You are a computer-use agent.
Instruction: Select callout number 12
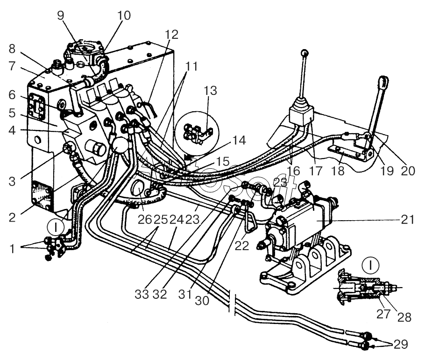[171, 34]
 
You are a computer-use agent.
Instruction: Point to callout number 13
[210, 90]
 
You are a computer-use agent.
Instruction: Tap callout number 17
[316, 171]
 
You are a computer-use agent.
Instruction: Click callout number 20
[408, 171]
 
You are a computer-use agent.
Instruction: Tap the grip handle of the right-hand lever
[383, 83]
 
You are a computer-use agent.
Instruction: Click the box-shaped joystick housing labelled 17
[300, 115]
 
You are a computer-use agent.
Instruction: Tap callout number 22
[242, 245]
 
